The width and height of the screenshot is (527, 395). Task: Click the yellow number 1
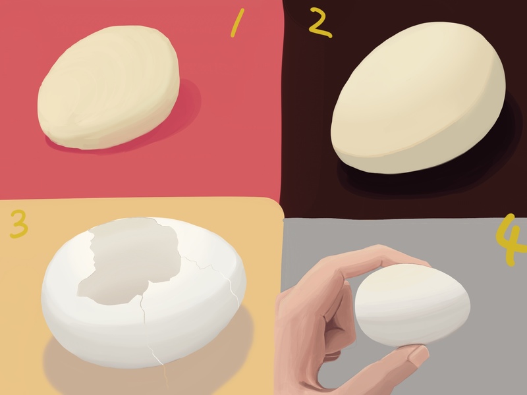pos(237,23)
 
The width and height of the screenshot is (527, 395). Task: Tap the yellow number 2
pos(320,22)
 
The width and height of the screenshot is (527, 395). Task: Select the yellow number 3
pos(19,224)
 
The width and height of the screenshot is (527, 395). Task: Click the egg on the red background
pos(108,88)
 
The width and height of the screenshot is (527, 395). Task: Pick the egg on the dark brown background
pos(418,97)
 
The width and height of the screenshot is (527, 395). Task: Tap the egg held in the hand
pos(412,305)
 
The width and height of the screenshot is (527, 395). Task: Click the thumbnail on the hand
pos(418,355)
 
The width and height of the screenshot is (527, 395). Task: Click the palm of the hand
pos(302,336)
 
